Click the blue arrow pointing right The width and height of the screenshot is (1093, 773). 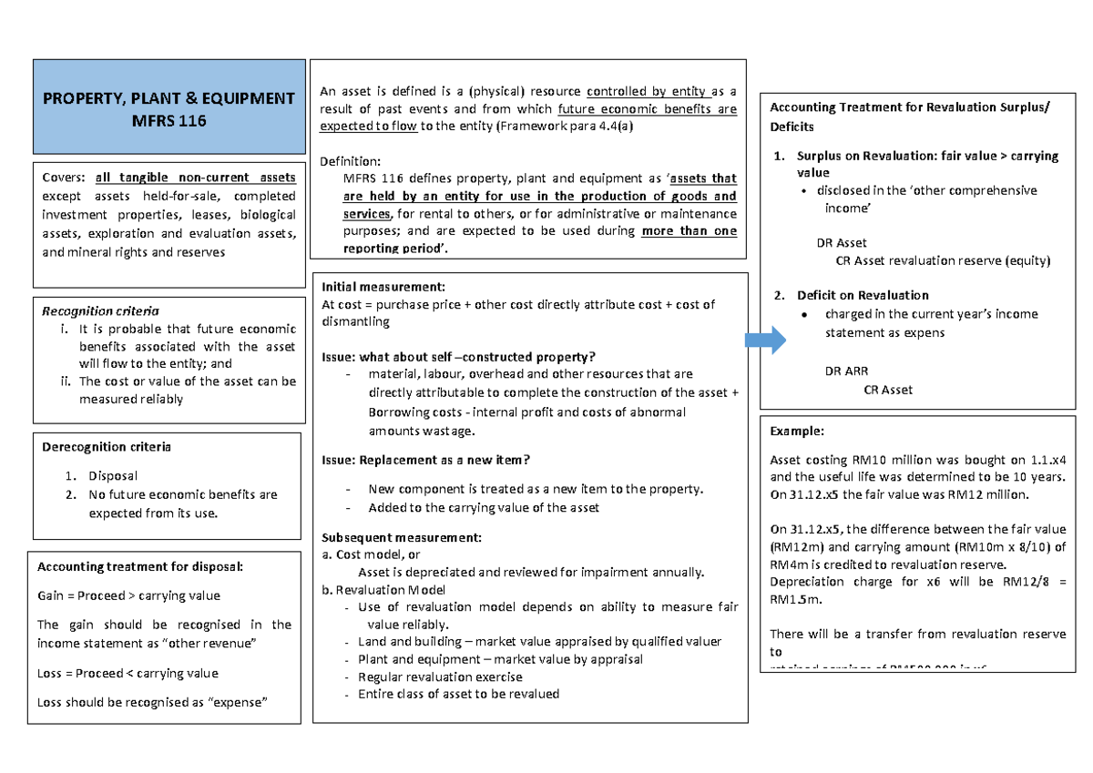coord(765,341)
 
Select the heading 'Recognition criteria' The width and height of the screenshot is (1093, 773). coord(100,311)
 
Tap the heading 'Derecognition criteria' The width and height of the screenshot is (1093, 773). coord(107,447)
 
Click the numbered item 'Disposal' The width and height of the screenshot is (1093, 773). coord(113,475)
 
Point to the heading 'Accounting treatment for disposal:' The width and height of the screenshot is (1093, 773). coord(140,567)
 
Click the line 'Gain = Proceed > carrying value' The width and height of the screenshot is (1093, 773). coord(128,595)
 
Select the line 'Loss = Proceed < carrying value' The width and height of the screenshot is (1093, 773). coord(128,674)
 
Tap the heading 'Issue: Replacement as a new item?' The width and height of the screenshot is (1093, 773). coord(426,460)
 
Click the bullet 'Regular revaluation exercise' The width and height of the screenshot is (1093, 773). coord(440,676)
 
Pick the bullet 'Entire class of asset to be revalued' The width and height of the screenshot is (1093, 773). coord(458,694)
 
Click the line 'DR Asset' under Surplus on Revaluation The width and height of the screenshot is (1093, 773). coord(842,243)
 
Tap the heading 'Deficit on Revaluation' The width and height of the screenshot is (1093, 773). coord(863,295)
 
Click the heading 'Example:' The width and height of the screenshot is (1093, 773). coord(797,432)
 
